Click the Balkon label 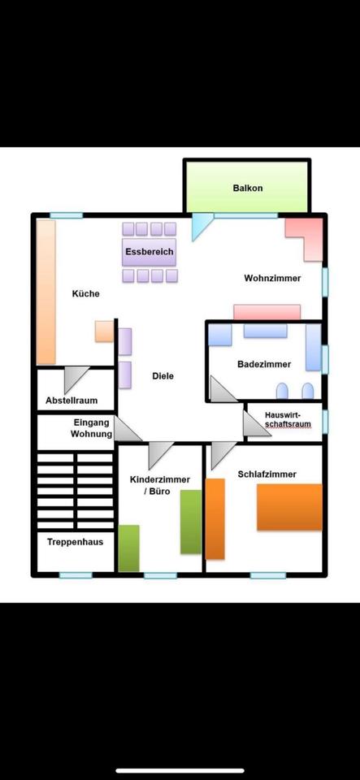[x=247, y=188]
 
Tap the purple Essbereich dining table [x=150, y=252]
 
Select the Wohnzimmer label [x=272, y=279]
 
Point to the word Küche [x=86, y=293]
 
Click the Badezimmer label [x=264, y=364]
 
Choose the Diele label [x=163, y=376]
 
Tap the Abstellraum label [x=72, y=401]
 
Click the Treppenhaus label [x=75, y=542]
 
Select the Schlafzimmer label [x=267, y=474]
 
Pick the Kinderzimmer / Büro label [x=159, y=486]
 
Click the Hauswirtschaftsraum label [x=288, y=420]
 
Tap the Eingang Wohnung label [x=92, y=428]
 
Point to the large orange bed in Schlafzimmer [x=289, y=507]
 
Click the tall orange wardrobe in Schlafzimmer [x=215, y=519]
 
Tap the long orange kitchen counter [x=46, y=292]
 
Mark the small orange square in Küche [x=104, y=331]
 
